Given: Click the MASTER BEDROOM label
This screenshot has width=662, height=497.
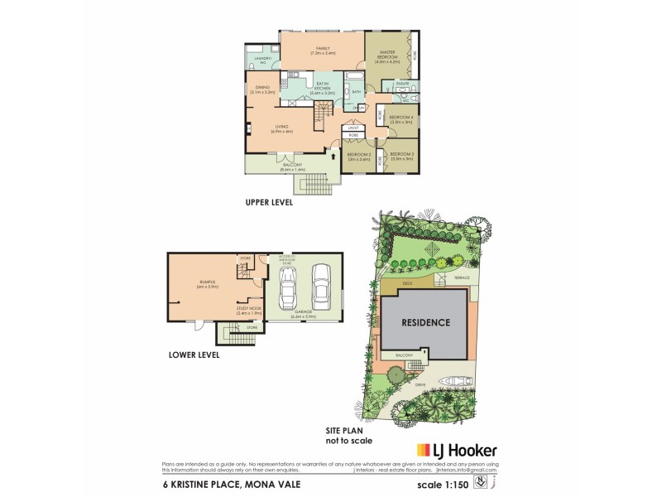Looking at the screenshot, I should click(387, 57).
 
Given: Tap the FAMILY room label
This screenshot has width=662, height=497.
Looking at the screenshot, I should click(323, 51).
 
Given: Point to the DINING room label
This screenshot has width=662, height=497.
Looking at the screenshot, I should click(262, 89).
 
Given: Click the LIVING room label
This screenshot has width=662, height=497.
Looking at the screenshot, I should click(282, 129).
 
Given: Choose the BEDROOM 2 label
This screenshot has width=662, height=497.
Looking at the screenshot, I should click(358, 157).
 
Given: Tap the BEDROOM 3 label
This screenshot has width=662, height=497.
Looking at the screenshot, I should click(401, 157).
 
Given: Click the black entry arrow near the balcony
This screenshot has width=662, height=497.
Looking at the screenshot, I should click(333, 154).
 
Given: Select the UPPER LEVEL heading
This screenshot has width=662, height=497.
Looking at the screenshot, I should click(269, 201).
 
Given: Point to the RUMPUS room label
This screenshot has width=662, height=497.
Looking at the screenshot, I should click(206, 285).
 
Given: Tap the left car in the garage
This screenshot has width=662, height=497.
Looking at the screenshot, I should click(288, 289).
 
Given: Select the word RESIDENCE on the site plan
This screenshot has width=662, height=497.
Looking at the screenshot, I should click(426, 323).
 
